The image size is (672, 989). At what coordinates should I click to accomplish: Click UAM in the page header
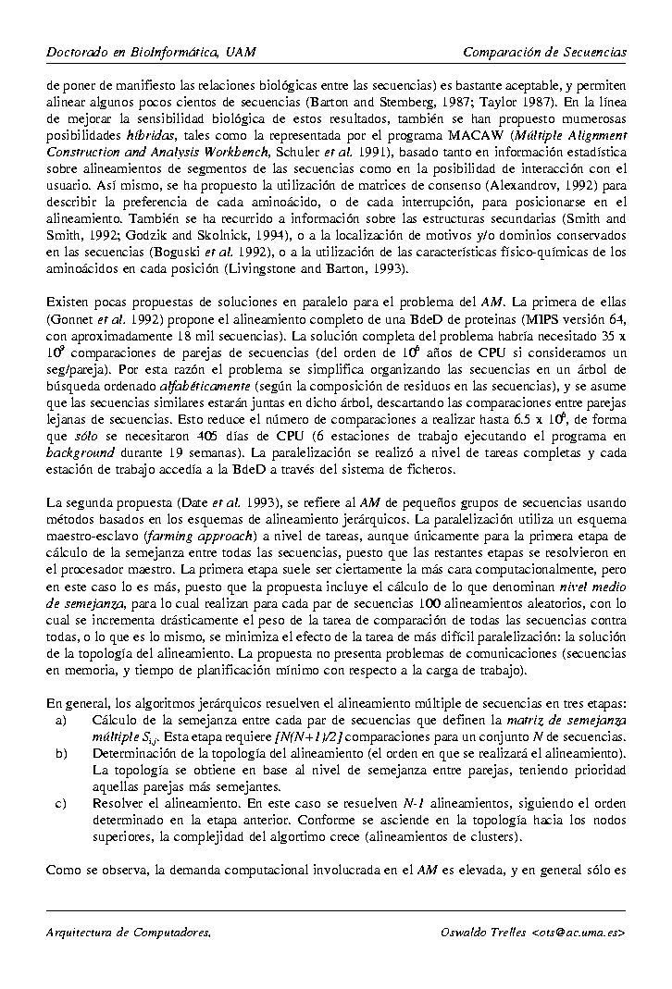[x=238, y=52]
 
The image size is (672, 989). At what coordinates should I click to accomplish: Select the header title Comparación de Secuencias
[x=544, y=52]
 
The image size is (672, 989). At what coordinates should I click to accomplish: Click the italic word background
[x=80, y=452]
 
